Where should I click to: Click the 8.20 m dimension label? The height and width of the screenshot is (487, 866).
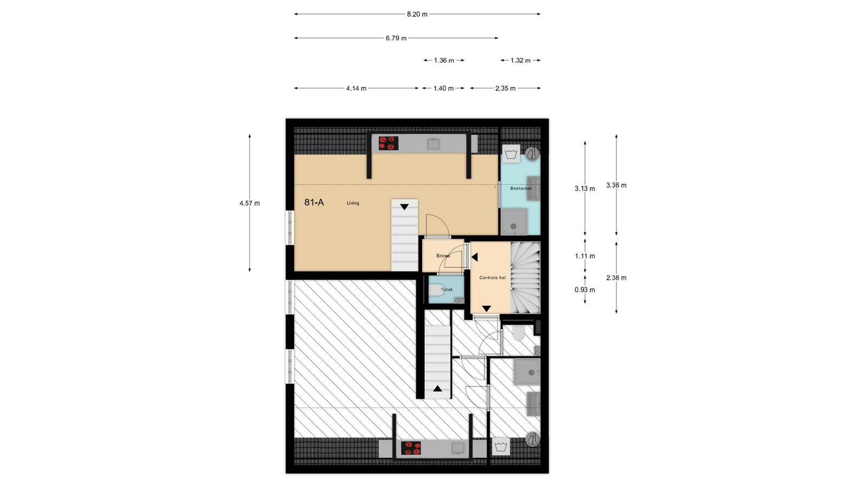tap(417, 14)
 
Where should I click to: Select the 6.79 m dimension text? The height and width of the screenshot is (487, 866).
tap(396, 38)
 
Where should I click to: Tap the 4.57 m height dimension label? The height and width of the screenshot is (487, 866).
tap(250, 203)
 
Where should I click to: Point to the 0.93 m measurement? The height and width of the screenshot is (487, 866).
tap(585, 290)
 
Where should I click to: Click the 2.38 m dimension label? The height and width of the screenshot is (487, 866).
tap(616, 278)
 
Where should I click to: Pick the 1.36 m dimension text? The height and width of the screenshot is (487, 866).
tap(444, 60)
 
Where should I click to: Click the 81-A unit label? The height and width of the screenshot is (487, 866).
tap(314, 202)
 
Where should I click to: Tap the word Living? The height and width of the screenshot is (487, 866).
tap(352, 203)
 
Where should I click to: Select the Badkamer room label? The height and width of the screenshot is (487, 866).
tap(521, 189)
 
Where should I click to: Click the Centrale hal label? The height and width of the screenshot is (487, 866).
tap(492, 278)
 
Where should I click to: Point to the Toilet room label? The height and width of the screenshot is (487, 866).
tap(447, 289)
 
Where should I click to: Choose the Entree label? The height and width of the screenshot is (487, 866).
tap(443, 256)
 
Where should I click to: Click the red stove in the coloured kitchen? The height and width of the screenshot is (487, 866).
tap(388, 143)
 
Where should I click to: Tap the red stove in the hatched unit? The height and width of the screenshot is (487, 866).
tap(411, 449)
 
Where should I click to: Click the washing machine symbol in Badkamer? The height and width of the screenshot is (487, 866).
tap(511, 154)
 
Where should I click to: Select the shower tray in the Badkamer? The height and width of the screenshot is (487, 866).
tap(514, 221)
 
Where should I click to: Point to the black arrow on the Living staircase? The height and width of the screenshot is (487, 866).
tap(404, 207)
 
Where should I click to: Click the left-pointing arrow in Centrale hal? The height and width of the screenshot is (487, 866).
tap(475, 257)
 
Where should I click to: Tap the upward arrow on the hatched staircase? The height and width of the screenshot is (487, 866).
tap(437, 389)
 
